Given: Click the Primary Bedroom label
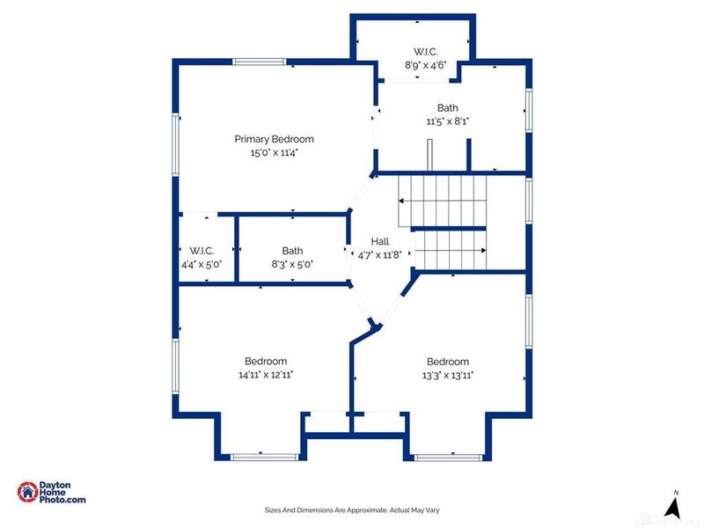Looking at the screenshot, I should (x=274, y=139).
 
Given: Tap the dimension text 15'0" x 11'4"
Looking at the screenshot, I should (x=274, y=153).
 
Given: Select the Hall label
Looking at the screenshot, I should (x=379, y=241).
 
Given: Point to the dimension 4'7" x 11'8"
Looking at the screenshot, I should (x=379, y=254).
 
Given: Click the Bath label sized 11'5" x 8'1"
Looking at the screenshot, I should (x=447, y=108).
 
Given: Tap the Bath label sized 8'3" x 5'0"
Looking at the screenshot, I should (x=292, y=251).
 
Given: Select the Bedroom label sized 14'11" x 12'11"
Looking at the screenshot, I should (x=265, y=362).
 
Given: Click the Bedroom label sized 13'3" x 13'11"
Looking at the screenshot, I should (x=447, y=362).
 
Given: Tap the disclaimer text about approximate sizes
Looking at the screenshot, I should (x=352, y=510).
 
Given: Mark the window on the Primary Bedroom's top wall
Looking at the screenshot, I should (x=260, y=62).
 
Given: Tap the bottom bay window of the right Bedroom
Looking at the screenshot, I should (x=445, y=456).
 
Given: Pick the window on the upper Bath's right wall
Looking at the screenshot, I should (x=530, y=104).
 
